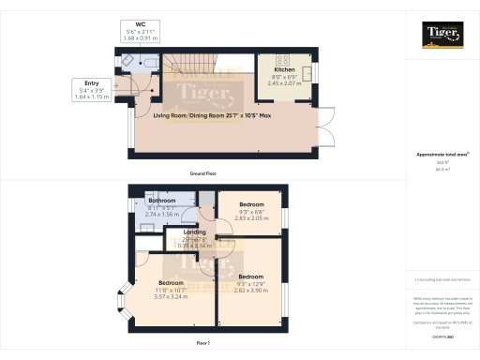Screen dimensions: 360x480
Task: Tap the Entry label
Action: coord(91,84)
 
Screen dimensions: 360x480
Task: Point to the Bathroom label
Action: coord(163,202)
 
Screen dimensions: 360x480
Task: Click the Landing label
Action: coord(195,232)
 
